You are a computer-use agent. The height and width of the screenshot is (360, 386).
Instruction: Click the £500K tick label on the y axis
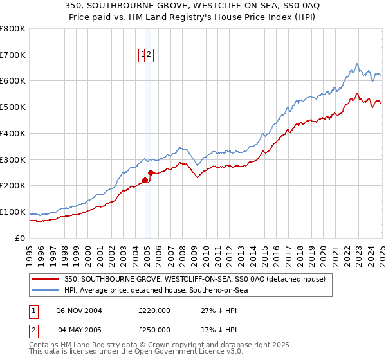12,107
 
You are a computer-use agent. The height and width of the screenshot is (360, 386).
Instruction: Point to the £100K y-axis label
12,212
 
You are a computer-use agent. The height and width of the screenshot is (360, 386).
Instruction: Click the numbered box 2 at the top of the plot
149,55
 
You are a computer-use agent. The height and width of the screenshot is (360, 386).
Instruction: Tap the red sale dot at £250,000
151,172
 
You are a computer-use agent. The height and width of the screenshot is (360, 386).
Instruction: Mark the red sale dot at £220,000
145,180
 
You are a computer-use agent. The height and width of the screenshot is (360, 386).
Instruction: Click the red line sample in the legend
45,279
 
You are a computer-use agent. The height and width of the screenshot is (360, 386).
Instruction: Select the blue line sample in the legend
45,290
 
